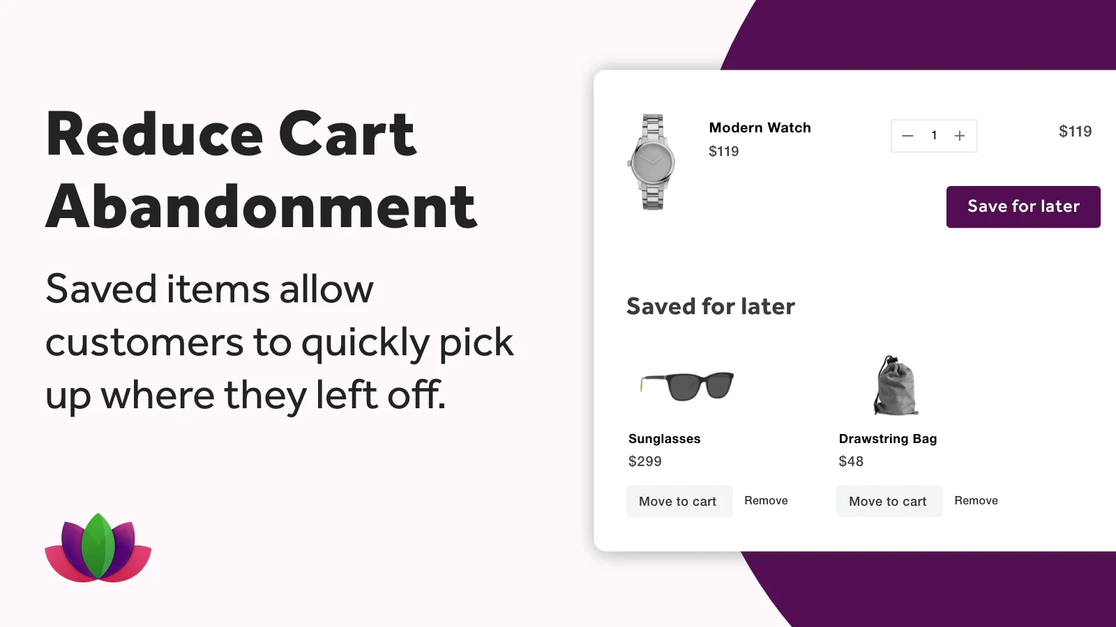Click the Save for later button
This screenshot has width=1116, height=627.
1023,206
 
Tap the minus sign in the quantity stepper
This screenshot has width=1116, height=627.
907,136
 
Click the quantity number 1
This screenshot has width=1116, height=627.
934,135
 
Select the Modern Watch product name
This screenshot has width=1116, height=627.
760,128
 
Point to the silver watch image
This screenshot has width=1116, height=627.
651,162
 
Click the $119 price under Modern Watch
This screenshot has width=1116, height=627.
724,151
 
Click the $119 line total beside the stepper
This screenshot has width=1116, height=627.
1075,132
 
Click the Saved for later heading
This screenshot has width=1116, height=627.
711,306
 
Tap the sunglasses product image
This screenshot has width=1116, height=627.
687,386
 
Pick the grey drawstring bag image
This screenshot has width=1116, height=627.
896,385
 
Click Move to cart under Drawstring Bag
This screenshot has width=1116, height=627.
889,501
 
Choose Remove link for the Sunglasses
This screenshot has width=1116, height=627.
767,501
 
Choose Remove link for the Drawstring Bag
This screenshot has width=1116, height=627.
976,501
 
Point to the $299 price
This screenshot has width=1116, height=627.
645,461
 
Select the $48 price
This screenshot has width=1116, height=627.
851,461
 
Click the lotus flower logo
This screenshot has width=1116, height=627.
98,548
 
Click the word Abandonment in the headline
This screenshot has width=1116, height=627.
262,206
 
